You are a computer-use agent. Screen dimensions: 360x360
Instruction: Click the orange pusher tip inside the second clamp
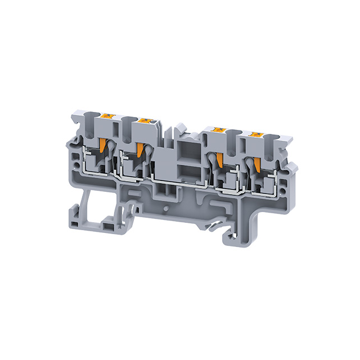click(139, 149)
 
